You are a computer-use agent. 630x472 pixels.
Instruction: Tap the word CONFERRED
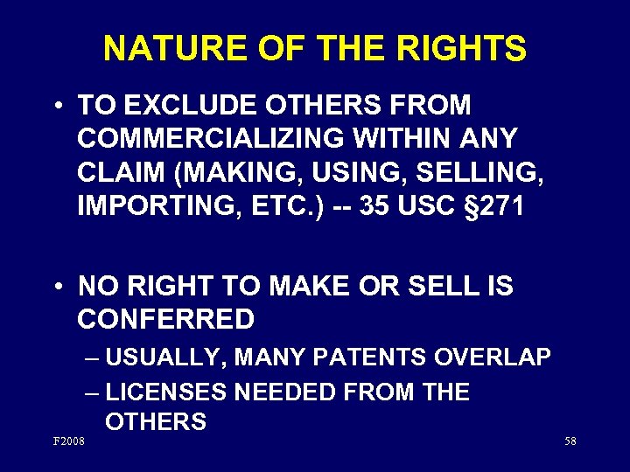tap(166, 319)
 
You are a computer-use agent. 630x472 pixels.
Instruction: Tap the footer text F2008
tap(69, 441)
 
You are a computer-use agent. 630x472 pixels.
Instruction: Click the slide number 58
tap(570, 441)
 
